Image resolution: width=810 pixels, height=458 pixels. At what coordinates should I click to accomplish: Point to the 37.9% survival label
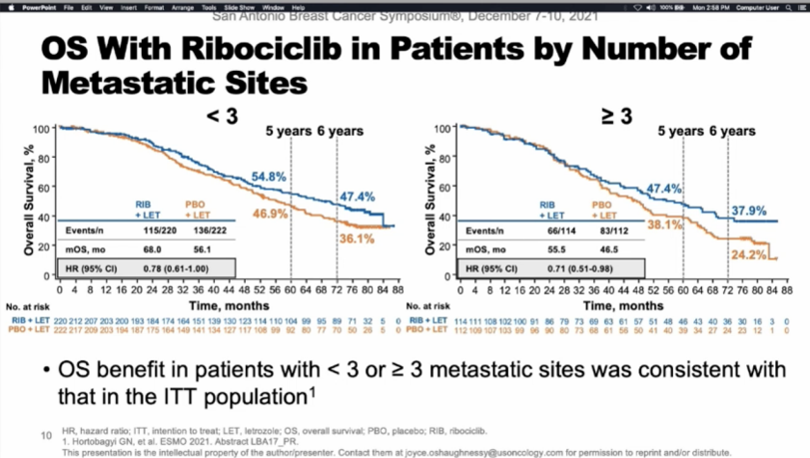(748, 211)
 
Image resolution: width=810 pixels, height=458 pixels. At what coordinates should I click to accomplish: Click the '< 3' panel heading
(221, 115)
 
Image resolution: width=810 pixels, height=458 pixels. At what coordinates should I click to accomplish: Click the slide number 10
(44, 435)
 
